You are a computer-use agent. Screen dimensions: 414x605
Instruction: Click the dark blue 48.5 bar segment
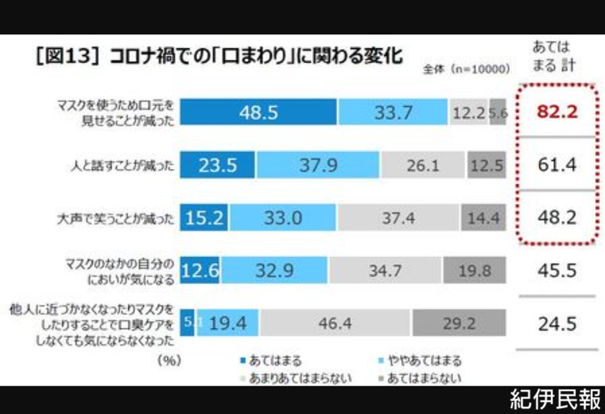coord(258,112)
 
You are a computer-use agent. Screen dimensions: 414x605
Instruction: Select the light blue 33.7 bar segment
coord(393,112)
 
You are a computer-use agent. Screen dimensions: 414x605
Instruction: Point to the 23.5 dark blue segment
coord(218,166)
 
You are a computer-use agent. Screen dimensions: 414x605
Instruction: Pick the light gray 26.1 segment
coord(422,166)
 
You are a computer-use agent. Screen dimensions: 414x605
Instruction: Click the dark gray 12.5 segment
coord(486,166)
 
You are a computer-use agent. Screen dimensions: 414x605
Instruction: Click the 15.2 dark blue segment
coord(205,218)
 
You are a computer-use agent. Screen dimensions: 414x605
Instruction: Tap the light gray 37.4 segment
coord(399,218)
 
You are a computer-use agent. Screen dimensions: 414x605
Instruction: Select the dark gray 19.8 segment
coord(474,271)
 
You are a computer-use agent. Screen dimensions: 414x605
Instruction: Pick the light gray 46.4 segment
coord(336,324)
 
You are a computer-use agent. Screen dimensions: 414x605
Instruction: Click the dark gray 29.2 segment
coord(459,324)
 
